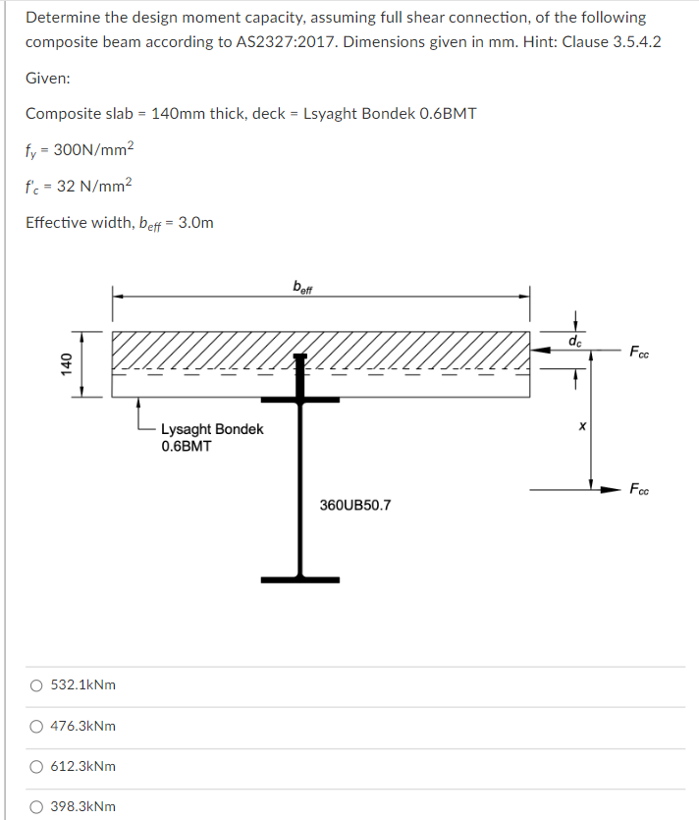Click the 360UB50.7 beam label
pos(354,505)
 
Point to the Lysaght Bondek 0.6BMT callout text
pos(211,437)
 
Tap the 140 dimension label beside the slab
pos(67,362)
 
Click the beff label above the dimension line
pos(303,287)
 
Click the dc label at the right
pos(575,341)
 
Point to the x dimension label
pos(581,427)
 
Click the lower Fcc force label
pos(639,488)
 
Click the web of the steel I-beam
pos(300,491)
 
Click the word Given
pos(47,78)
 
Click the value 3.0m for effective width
pos(192,222)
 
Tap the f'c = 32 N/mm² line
pos(78,186)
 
